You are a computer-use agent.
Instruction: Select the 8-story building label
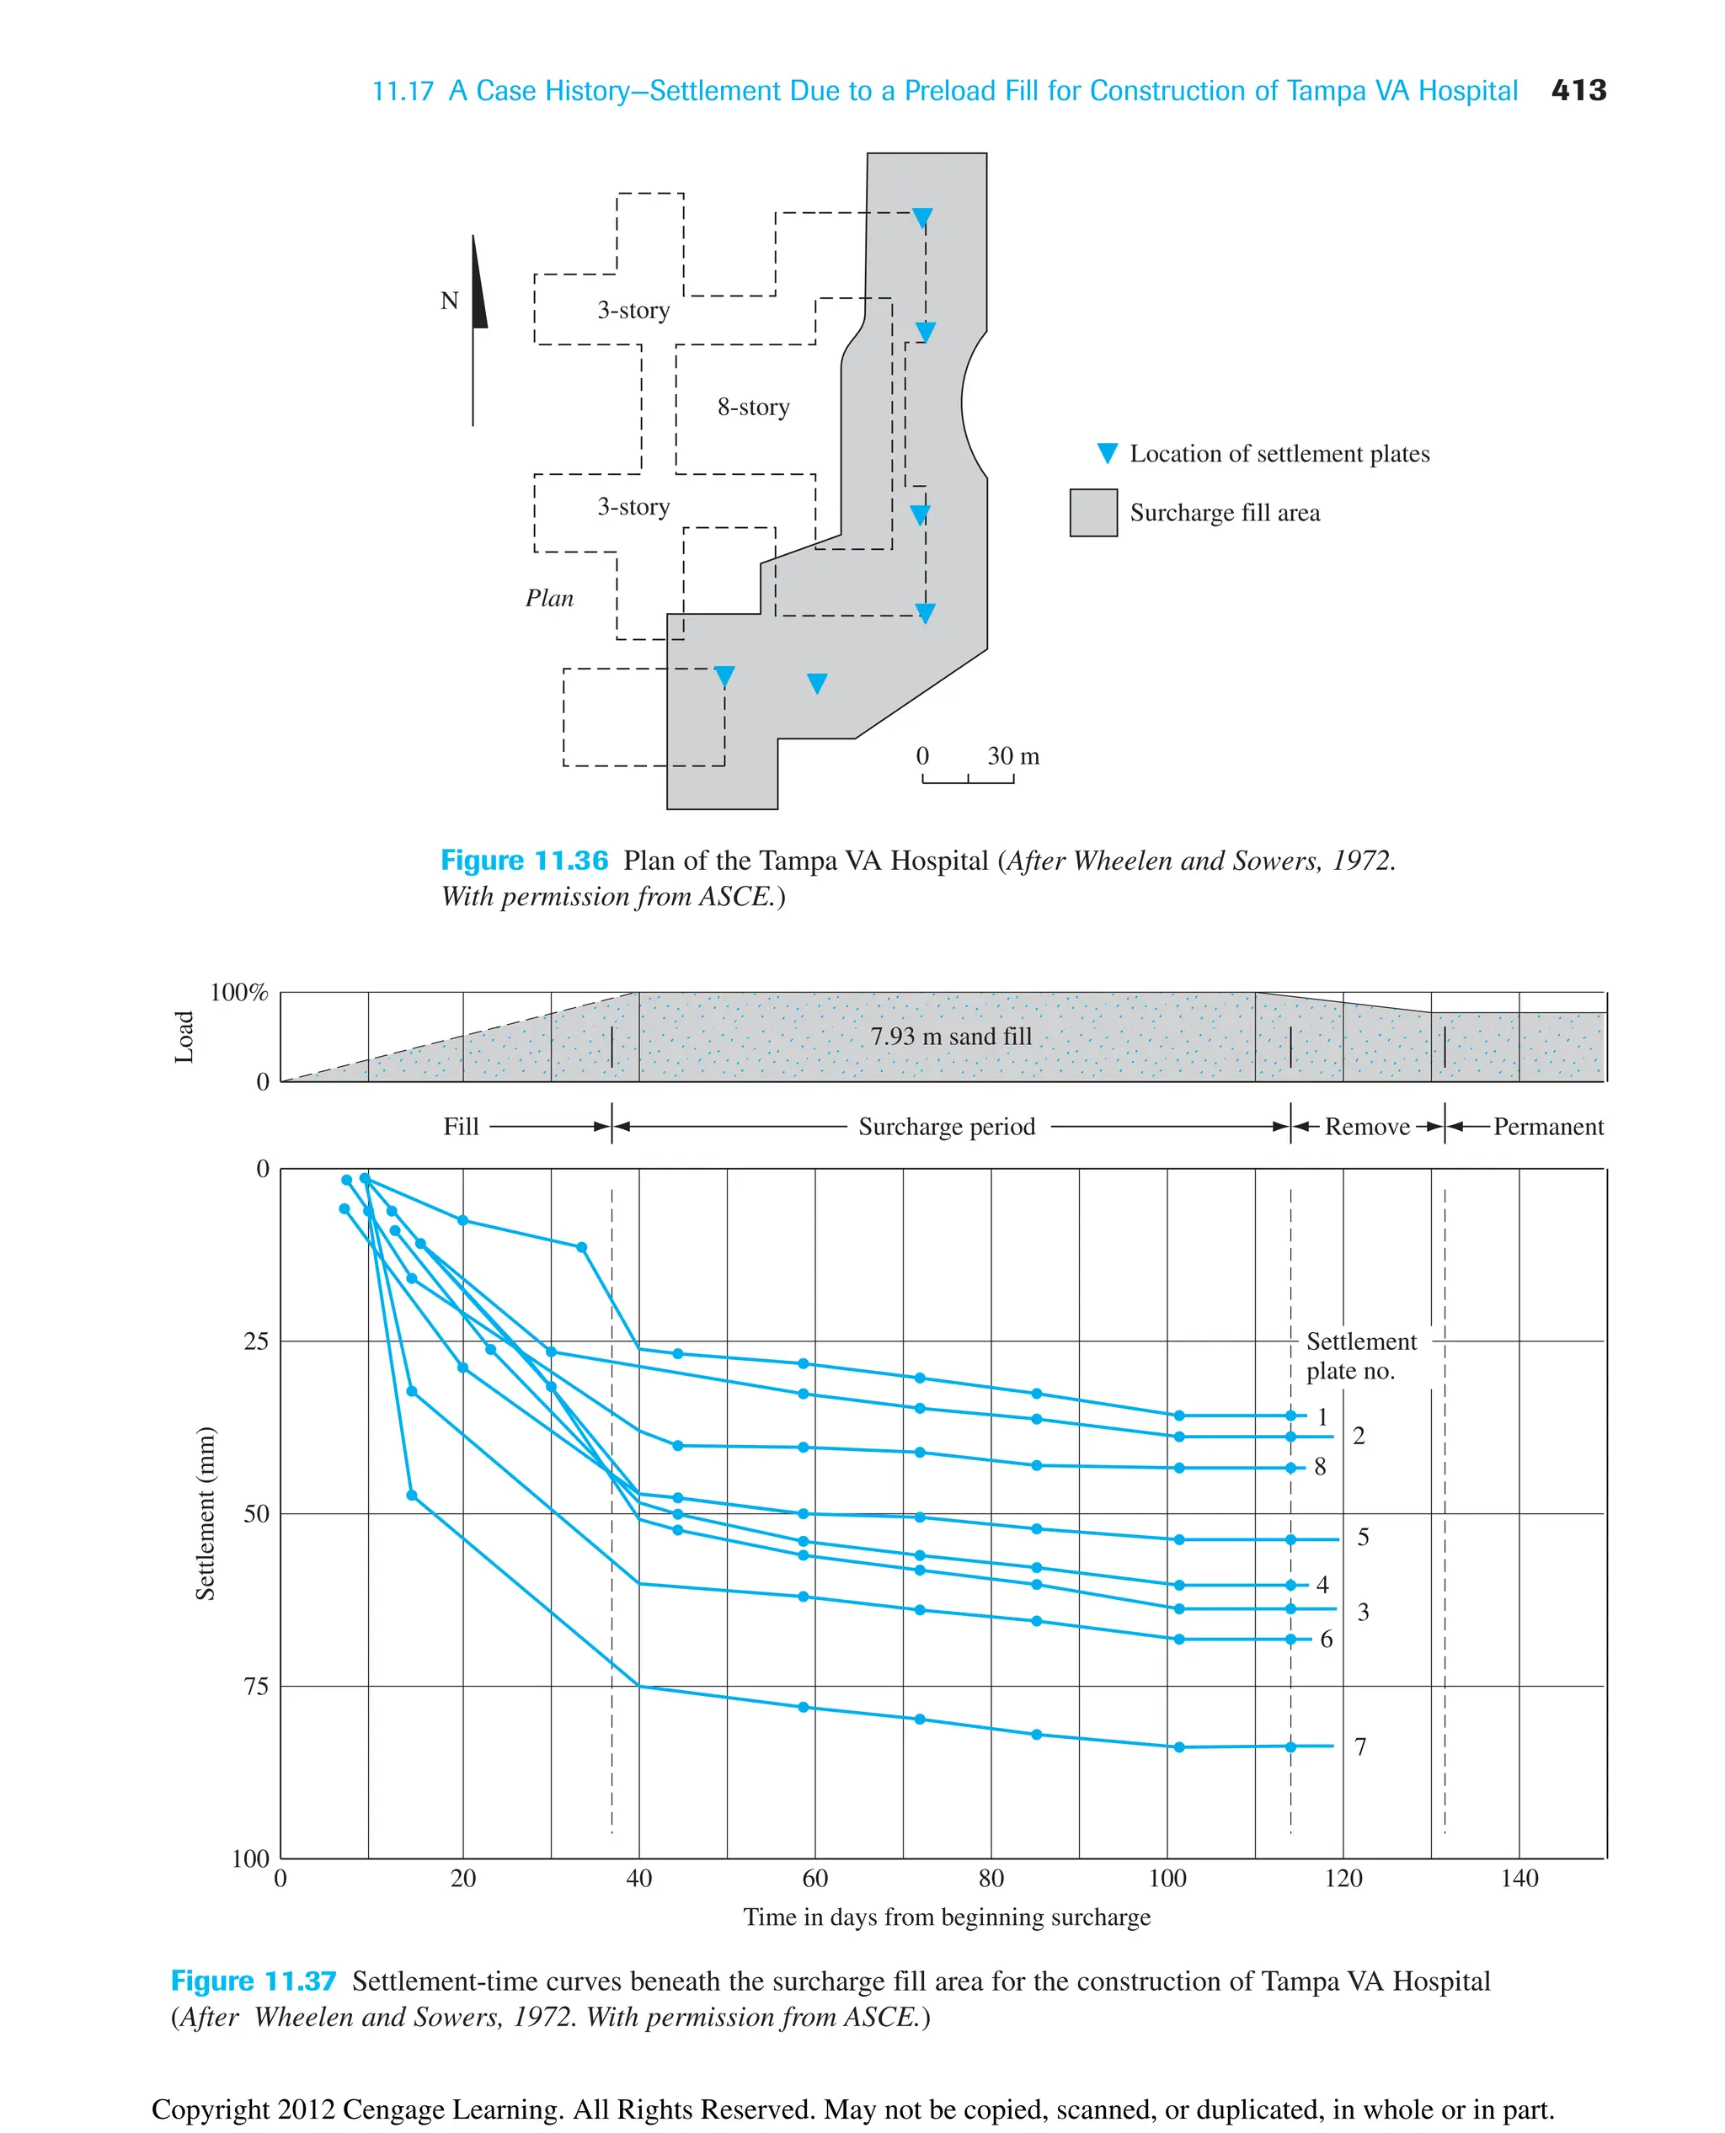click(x=753, y=408)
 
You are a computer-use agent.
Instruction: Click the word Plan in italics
click(x=549, y=598)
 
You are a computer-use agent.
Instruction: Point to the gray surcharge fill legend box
click(x=1093, y=513)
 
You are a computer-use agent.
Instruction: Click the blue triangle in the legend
click(x=1107, y=454)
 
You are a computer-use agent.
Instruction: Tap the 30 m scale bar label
click(x=1012, y=756)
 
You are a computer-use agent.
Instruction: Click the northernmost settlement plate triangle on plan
click(x=922, y=217)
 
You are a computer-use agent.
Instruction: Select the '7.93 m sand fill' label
click(x=951, y=1037)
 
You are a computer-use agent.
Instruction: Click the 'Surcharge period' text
click(x=946, y=1127)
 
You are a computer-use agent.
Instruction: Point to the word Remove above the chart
click(x=1366, y=1127)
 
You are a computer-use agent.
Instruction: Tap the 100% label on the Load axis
click(x=238, y=993)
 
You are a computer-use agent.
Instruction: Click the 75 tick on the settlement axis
click(x=256, y=1686)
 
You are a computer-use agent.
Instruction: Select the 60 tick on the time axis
click(x=814, y=1879)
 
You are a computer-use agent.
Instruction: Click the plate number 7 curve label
click(x=1360, y=1746)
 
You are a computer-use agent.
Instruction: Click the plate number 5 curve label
click(x=1364, y=1537)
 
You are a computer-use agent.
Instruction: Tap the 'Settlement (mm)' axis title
click(x=205, y=1513)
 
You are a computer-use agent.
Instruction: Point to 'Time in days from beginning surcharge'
click(x=947, y=1917)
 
